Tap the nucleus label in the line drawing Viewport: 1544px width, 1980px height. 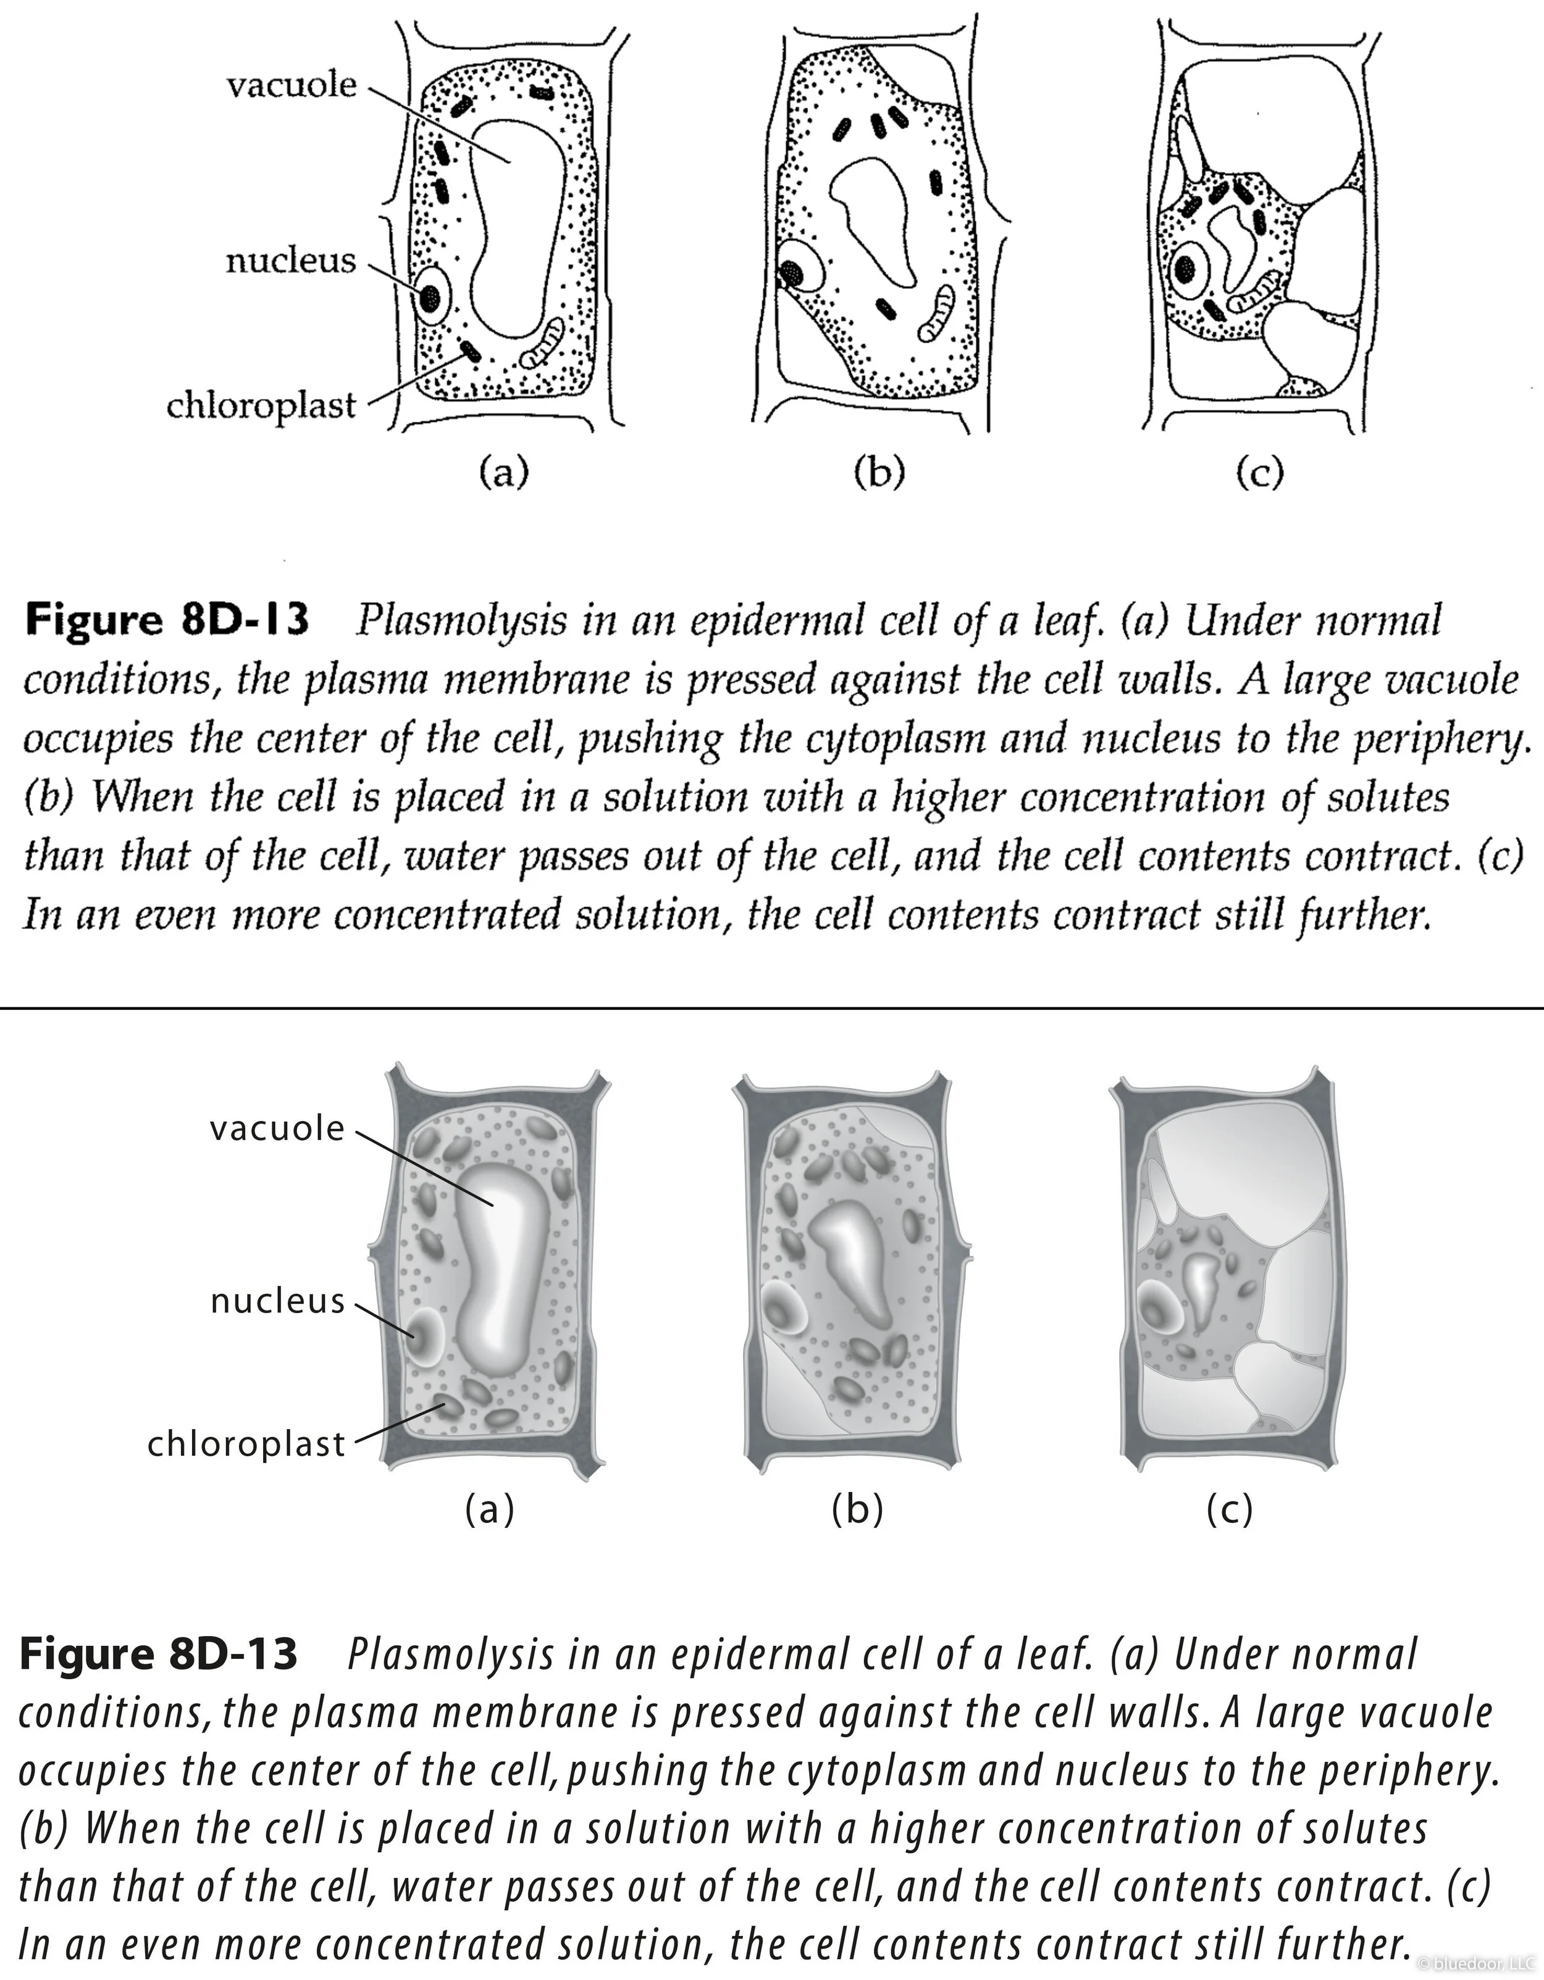pos(290,261)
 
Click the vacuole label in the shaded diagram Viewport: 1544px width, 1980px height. pos(277,1129)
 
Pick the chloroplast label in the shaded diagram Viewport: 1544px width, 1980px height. pos(246,1443)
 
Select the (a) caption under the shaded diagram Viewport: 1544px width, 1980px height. pos(490,1509)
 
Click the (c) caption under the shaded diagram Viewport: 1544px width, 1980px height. pos(1230,1509)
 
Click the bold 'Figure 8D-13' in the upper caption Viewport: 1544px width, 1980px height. pos(167,620)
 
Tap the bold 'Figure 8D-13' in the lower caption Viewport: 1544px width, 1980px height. pos(159,1654)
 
